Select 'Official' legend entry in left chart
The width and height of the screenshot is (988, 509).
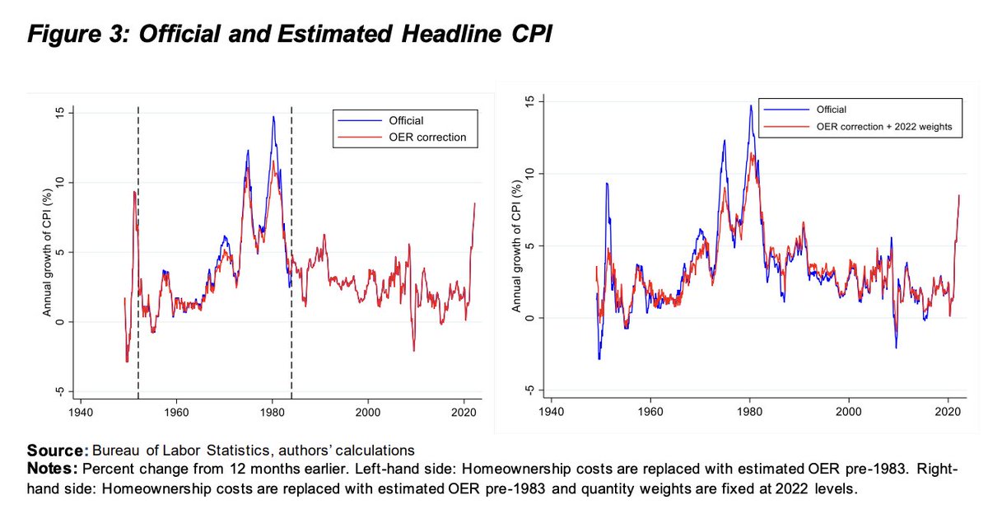[406, 121]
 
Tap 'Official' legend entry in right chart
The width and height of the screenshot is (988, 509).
[831, 109]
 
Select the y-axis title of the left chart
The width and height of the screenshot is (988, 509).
[48, 252]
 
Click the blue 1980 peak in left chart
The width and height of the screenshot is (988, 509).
[273, 117]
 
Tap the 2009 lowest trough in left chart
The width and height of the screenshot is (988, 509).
[413, 351]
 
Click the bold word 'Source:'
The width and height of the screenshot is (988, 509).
[57, 450]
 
